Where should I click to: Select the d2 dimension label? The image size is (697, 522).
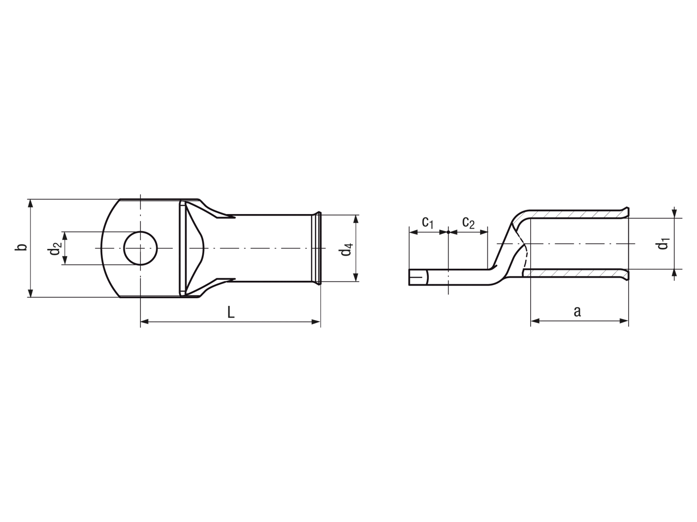point(55,248)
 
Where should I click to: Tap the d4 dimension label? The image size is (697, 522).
point(347,249)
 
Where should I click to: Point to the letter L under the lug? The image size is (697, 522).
point(231,313)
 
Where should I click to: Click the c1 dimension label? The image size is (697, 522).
point(428,222)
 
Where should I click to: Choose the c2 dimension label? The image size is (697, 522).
point(469,222)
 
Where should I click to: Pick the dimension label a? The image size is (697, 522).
point(577,312)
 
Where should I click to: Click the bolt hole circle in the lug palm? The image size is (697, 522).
point(140,232)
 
